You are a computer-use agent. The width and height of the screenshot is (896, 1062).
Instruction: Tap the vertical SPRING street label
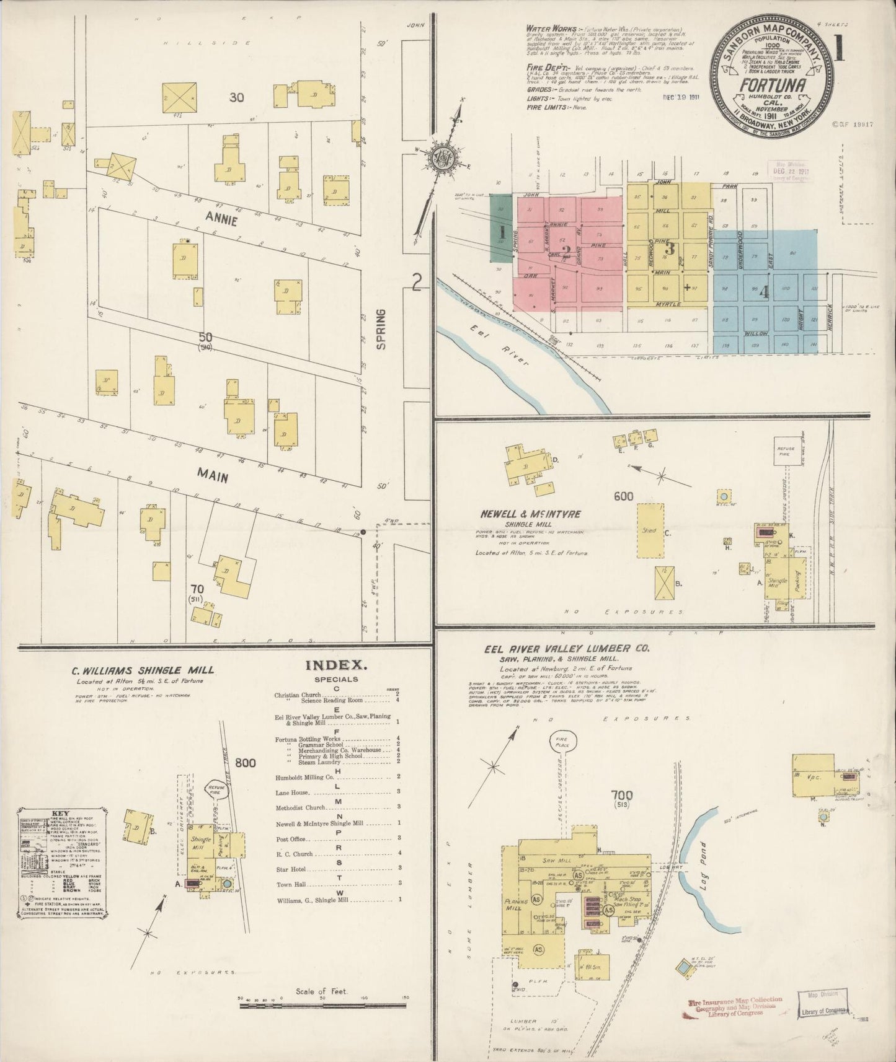pyautogui.click(x=381, y=329)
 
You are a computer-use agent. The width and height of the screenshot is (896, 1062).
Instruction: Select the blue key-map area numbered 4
pyautogui.click(x=765, y=291)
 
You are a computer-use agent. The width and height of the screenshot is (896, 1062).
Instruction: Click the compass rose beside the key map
pyautogui.click(x=445, y=159)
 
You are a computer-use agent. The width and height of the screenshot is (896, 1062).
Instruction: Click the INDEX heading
pyautogui.click(x=337, y=665)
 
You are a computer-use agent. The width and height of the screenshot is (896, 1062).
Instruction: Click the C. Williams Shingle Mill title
pyautogui.click(x=143, y=670)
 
